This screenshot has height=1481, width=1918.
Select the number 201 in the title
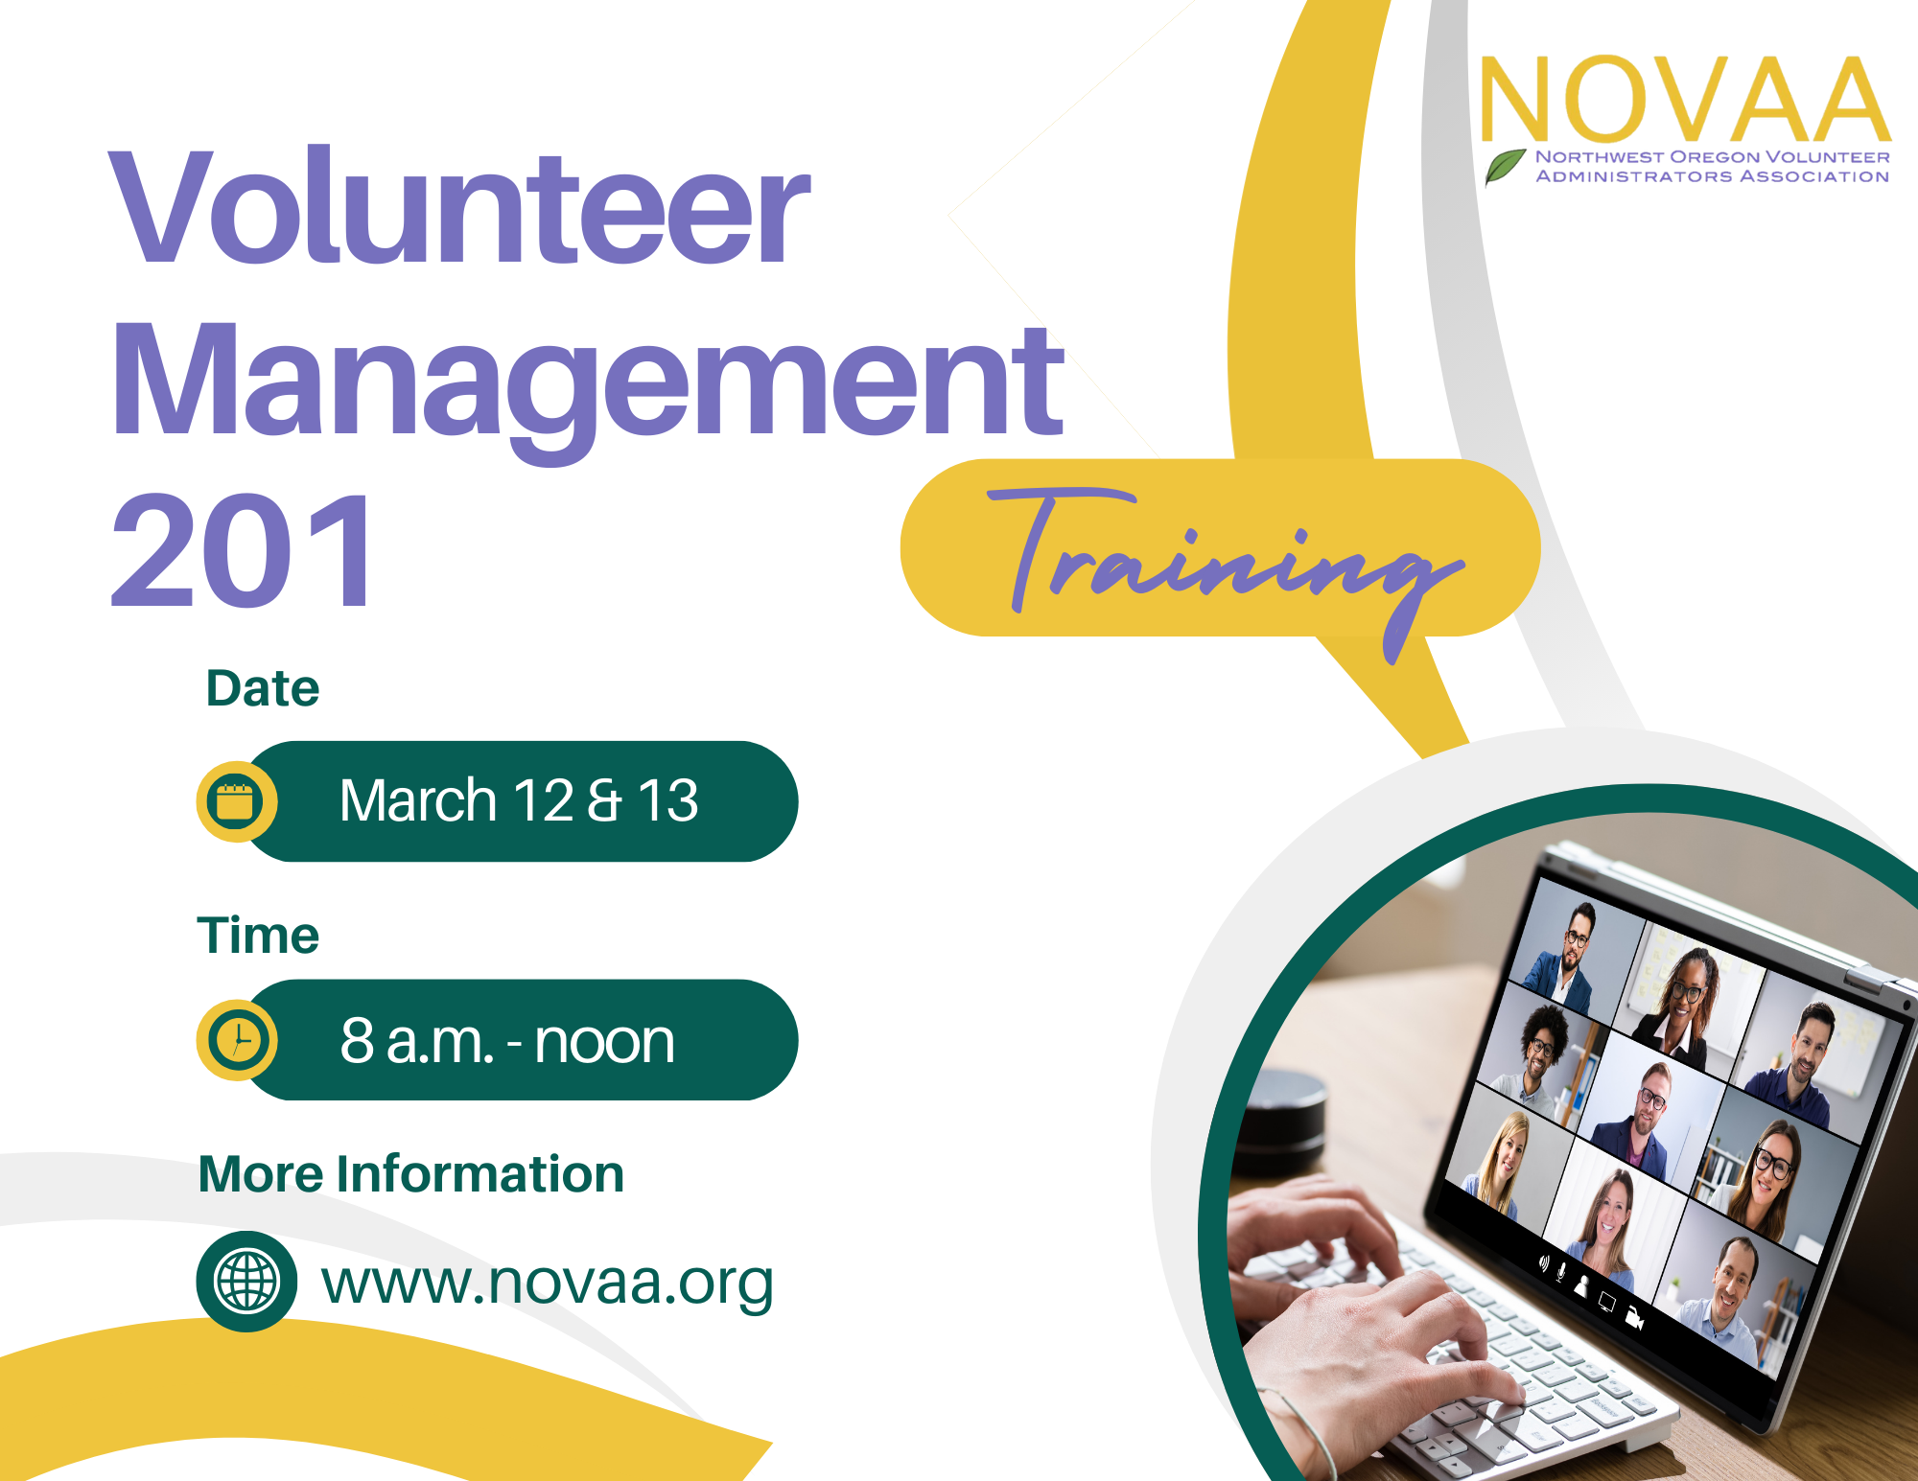(243, 550)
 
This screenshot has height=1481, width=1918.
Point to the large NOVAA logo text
(1685, 99)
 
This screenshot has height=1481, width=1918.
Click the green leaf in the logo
(1506, 166)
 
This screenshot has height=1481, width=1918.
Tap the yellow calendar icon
(236, 801)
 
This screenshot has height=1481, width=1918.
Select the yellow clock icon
(237, 1040)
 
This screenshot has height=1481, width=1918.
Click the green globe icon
(246, 1282)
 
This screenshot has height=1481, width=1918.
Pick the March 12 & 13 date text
(519, 800)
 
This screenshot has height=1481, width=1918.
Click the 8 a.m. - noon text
(507, 1041)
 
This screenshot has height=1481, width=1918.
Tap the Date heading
(262, 688)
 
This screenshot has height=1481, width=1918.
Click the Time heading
(258, 936)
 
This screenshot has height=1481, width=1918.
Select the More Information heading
(410, 1174)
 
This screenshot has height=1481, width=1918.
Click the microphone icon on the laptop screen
(1561, 1272)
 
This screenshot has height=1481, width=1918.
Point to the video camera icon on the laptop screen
(1635, 1319)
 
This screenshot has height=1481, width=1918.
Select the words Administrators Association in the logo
(1713, 176)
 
